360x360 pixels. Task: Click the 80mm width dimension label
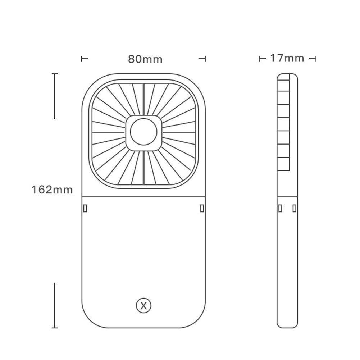(x=145, y=59)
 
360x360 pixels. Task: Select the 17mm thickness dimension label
(x=287, y=58)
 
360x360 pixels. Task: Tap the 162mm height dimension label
(x=52, y=189)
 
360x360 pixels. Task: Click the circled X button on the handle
(x=143, y=306)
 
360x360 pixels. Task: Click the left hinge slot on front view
(x=85, y=208)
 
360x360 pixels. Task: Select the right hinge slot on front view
(x=202, y=208)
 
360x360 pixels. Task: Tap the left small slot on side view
(x=280, y=208)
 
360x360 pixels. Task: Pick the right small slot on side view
(x=295, y=208)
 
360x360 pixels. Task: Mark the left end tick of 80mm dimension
(x=82, y=59)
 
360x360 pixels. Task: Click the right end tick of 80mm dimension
(x=205, y=59)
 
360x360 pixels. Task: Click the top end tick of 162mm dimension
(x=54, y=74)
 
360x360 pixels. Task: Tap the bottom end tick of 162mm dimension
(x=54, y=328)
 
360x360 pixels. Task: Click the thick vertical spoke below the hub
(x=143, y=168)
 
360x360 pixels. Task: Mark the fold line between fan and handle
(x=143, y=196)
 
